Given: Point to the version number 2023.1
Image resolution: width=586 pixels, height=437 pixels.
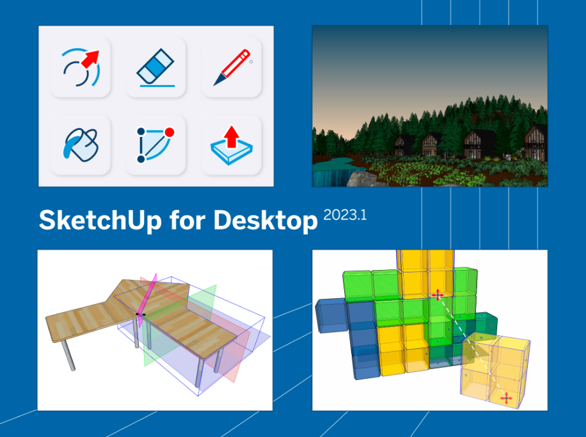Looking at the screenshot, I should coord(345,215).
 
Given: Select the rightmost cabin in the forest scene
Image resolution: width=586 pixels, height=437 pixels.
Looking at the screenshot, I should coord(534,143).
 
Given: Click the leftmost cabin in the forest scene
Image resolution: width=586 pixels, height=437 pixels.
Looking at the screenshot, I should coord(404,145).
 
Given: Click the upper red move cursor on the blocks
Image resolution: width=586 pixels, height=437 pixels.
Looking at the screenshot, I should coord(438,294).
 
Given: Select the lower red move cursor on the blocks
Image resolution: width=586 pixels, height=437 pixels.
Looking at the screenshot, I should coord(506,398).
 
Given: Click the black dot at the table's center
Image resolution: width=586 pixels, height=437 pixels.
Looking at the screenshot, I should coord(143,315).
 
